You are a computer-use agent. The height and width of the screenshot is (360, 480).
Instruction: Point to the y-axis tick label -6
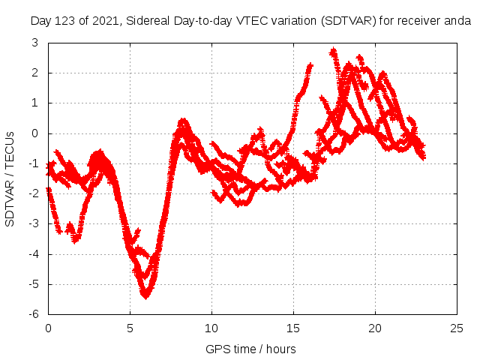(x=35, y=314)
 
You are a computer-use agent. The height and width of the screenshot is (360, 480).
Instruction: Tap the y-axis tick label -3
(x=35, y=223)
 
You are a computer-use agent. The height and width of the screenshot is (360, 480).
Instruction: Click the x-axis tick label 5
(x=130, y=328)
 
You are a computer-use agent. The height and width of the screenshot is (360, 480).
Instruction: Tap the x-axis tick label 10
(x=211, y=328)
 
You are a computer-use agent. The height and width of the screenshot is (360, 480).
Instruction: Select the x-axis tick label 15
(x=293, y=328)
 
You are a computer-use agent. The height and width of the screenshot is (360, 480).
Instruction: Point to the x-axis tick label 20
(x=375, y=328)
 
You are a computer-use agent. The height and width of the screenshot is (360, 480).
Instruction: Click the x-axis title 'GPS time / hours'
(x=250, y=349)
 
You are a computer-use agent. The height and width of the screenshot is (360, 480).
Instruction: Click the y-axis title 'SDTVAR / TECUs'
(x=10, y=178)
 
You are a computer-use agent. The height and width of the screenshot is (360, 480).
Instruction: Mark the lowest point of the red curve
(x=145, y=295)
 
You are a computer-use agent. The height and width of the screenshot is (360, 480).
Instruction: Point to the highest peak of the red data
(x=334, y=51)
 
